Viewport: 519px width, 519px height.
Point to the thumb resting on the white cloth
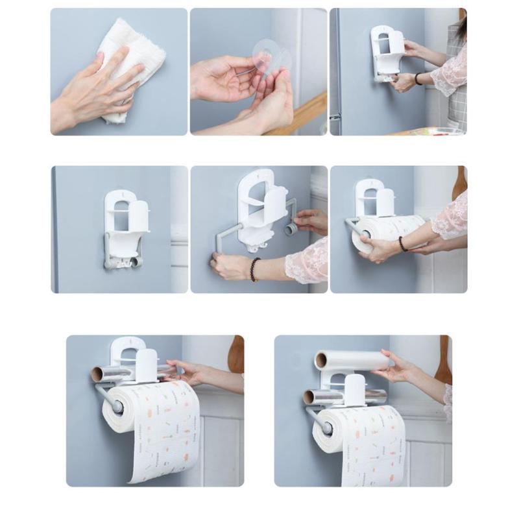pos(99,65)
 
